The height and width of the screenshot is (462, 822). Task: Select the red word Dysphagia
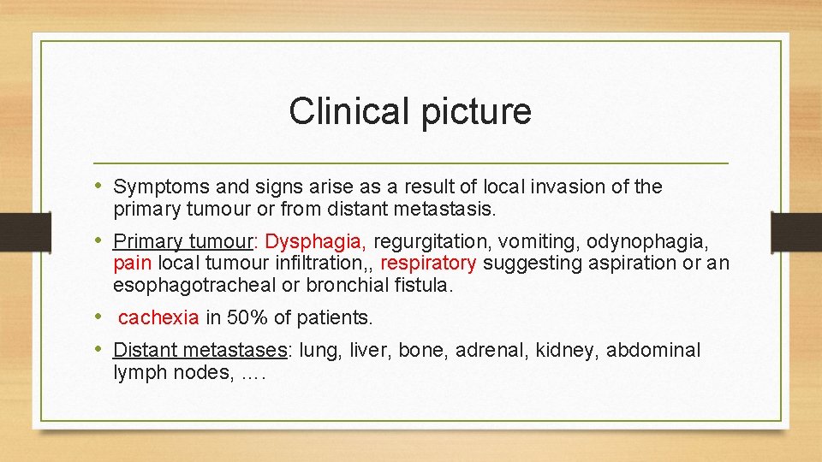click(316, 242)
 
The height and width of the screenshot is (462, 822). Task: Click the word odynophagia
click(646, 242)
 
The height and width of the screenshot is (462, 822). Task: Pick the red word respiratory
click(428, 264)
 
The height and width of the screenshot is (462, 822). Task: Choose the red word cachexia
click(158, 318)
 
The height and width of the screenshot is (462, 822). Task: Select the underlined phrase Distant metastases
click(200, 350)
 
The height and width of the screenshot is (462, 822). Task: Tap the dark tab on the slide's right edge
click(796, 232)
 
